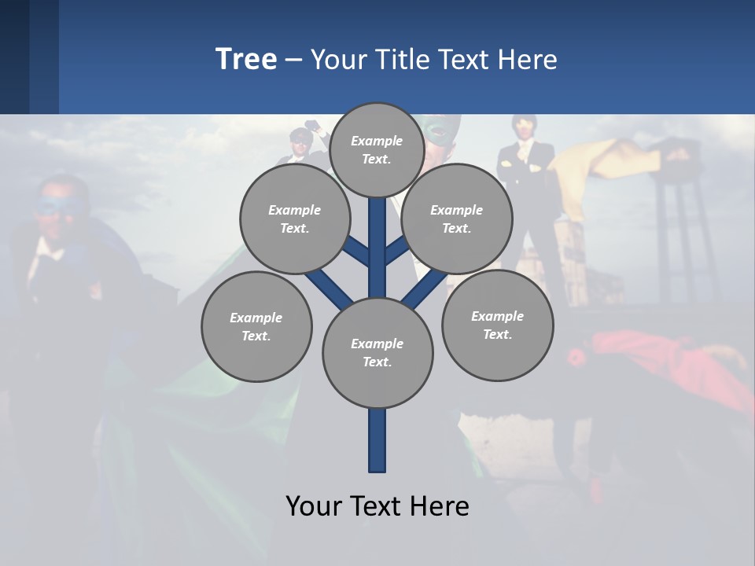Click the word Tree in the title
point(246,59)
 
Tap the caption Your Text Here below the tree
point(377,505)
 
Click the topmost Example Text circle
point(377,149)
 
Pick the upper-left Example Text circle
point(294,219)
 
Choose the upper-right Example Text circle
point(456,219)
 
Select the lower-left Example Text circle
point(256,326)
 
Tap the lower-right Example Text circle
point(497,325)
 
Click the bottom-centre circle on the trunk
point(377,353)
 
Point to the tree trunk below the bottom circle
point(377,440)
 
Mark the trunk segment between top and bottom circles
point(377,252)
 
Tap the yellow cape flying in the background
point(613,157)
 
